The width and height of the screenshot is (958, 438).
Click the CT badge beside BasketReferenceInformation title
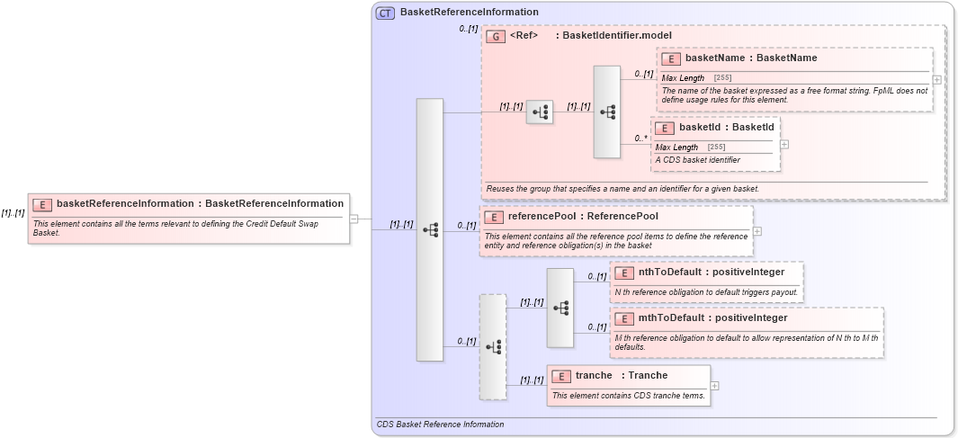pos(385,13)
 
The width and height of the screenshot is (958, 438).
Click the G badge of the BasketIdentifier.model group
pos(495,36)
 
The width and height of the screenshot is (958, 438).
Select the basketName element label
pos(751,58)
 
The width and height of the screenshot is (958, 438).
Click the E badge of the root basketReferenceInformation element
pos(42,204)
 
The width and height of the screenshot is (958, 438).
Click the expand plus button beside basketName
pos(937,79)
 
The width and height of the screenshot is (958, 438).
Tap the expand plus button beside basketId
pos(784,144)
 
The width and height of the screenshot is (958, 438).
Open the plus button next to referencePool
pos(757,231)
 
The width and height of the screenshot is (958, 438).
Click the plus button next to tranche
pos(714,386)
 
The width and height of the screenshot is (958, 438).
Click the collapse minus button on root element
pos(354,218)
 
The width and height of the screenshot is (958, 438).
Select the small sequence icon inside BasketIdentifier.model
pos(540,112)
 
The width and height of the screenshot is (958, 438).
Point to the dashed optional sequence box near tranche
pos(492,346)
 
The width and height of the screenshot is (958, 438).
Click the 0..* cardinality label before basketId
pos(640,139)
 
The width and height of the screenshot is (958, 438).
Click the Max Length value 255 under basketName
pos(722,78)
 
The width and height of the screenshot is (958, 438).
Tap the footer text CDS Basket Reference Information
pos(440,424)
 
